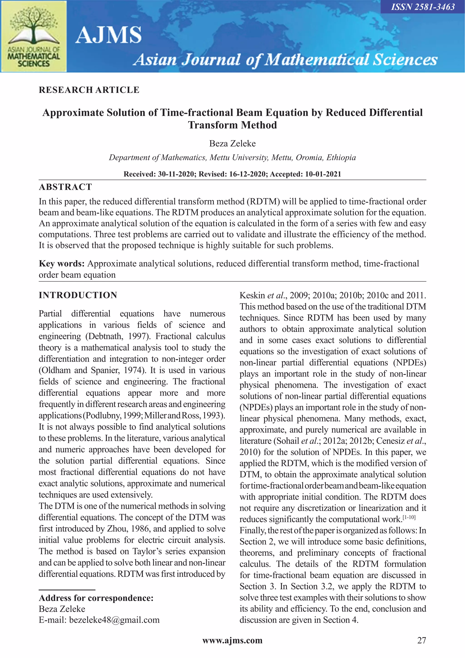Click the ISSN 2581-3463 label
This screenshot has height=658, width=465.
[423, 7]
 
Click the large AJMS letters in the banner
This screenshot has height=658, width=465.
[109, 35]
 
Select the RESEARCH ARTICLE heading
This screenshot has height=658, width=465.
[89, 90]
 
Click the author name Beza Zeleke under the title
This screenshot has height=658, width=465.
[232, 143]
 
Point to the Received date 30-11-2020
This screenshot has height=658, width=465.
[176, 174]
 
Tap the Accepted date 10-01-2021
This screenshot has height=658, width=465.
[323, 174]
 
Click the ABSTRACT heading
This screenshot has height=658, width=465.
[65, 187]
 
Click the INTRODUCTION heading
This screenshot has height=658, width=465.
[78, 295]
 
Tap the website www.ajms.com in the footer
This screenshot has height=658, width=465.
[232, 640]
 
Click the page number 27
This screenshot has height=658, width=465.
[421, 640]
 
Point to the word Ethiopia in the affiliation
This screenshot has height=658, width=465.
[341, 157]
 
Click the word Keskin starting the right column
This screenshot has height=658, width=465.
[252, 295]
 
